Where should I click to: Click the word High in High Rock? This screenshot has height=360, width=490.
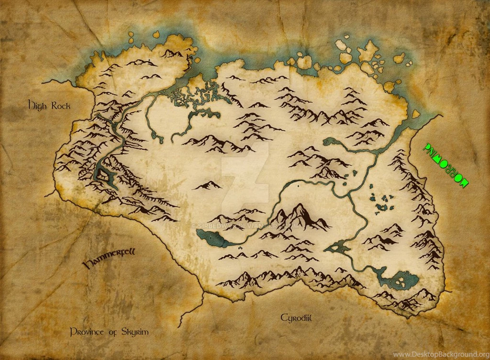coord(37,104)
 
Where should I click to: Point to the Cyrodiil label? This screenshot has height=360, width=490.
coord(297,317)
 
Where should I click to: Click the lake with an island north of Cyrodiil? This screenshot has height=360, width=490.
coord(337,247)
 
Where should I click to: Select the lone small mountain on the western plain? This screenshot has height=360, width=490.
coord(207,185)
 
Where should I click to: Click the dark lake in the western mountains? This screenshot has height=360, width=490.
coord(104,173)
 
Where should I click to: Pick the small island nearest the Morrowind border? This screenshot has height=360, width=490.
coord(415,113)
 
